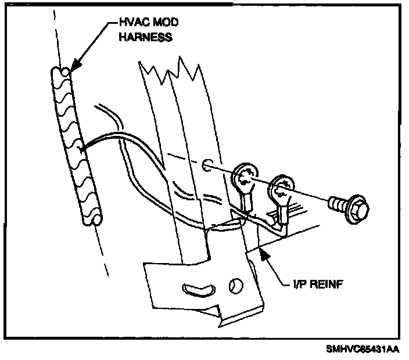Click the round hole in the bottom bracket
235,285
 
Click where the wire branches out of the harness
82,149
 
